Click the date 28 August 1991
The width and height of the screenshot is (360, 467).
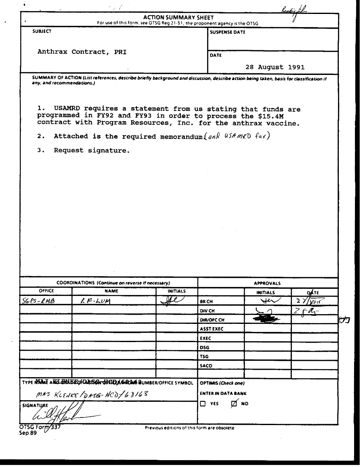[x=275, y=67]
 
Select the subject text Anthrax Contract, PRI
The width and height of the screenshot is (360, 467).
[x=82, y=52]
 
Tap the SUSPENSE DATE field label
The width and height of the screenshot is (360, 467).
[x=227, y=32]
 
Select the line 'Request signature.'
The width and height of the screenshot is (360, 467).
[x=91, y=150]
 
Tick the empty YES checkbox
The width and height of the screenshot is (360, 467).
[x=203, y=404]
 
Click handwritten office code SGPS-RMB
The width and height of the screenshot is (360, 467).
[x=38, y=301]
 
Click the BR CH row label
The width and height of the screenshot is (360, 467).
[x=205, y=301]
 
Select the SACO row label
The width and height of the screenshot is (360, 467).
[x=206, y=365]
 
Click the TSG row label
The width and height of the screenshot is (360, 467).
[x=204, y=356]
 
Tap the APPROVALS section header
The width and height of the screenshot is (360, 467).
[x=267, y=283]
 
